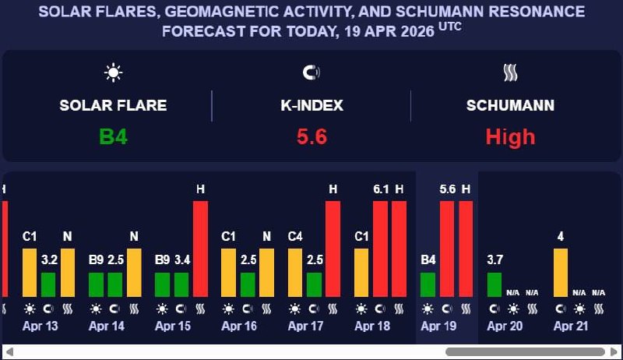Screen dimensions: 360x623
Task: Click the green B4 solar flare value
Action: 113,137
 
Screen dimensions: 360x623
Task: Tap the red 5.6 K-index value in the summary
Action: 311,137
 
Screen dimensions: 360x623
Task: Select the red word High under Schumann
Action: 510,137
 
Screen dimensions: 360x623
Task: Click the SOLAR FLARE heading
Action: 113,105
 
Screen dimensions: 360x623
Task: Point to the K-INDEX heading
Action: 311,105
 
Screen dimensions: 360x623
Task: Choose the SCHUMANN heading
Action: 510,105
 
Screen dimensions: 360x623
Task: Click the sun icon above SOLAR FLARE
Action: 114,73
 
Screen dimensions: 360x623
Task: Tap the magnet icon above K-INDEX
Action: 311,73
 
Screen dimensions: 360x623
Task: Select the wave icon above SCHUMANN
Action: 510,73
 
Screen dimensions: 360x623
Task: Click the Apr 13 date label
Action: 40,326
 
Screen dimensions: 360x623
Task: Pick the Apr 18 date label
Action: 372,326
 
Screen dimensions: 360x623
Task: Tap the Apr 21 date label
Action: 571,326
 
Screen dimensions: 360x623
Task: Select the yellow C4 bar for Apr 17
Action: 295,273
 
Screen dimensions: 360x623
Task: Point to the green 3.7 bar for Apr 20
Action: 495,284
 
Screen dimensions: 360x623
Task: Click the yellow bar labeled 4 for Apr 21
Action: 561,273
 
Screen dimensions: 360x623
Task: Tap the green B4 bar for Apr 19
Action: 428,284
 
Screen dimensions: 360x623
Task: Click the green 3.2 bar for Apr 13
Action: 48,284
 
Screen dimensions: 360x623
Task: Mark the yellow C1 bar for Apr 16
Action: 229,273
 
